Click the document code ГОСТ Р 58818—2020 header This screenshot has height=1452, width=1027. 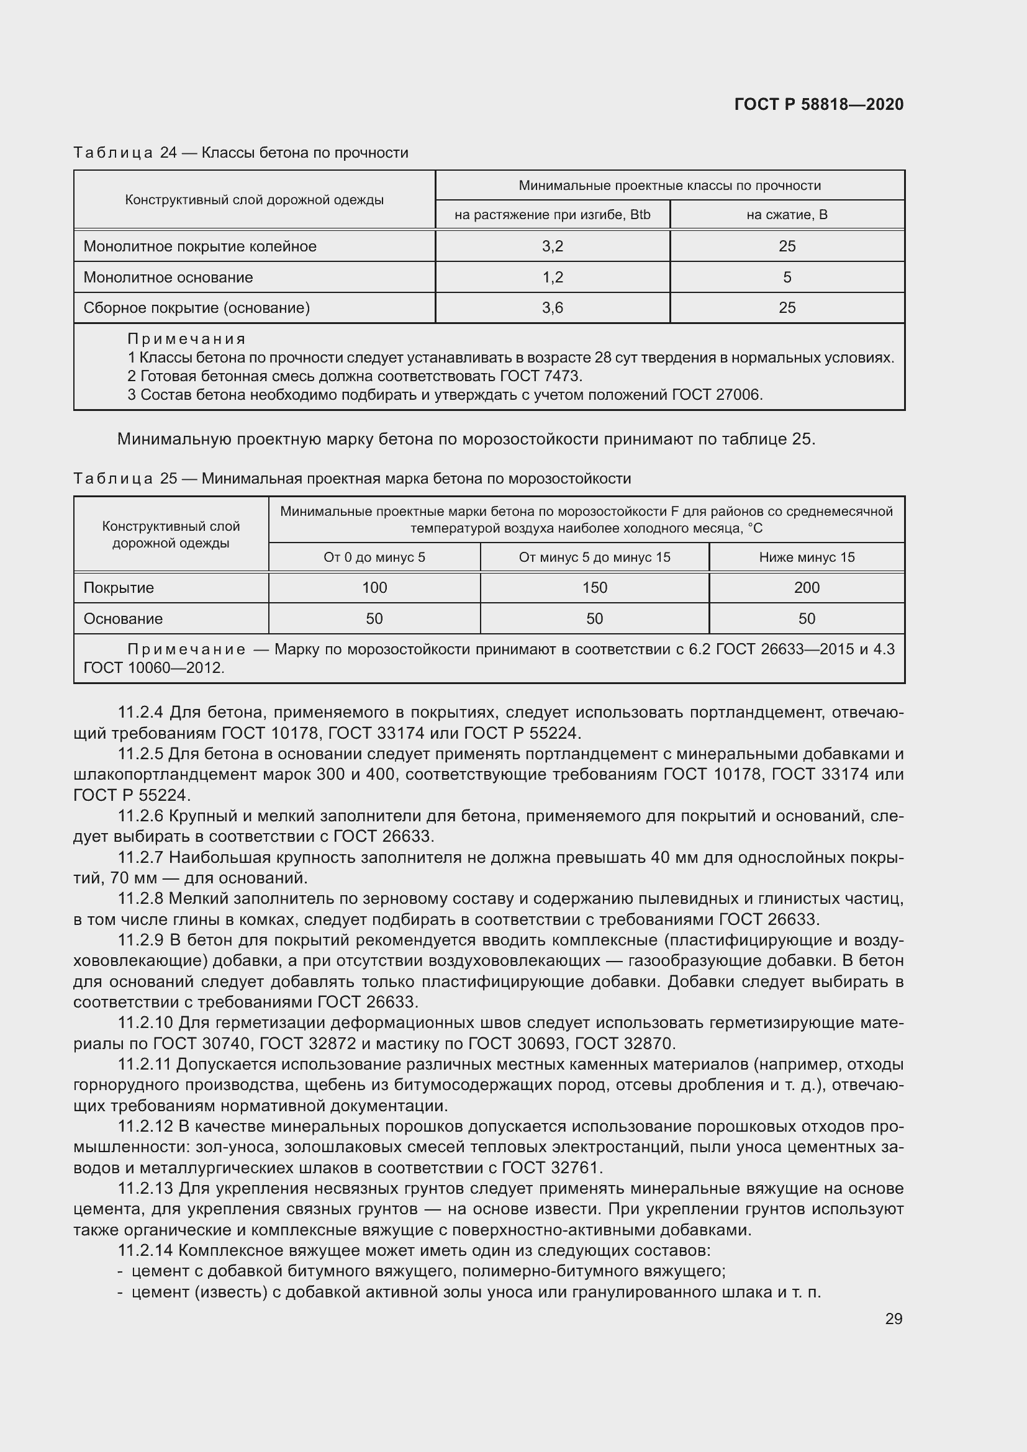tap(818, 104)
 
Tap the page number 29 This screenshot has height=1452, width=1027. tap(893, 1319)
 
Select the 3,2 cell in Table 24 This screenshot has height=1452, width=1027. tap(552, 246)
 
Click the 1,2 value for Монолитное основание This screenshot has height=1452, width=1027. tap(552, 277)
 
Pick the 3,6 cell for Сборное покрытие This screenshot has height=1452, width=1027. tap(552, 308)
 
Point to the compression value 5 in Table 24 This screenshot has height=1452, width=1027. tap(787, 277)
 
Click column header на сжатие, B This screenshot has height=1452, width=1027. tap(787, 214)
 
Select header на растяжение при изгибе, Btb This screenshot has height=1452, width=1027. tap(552, 214)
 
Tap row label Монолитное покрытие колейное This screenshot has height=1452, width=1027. tap(200, 246)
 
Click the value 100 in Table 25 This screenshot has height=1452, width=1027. tap(374, 587)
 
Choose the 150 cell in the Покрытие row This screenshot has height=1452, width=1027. tap(594, 587)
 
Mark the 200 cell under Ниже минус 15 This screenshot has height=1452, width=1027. tap(807, 587)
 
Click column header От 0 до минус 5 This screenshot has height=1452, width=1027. tap(374, 557)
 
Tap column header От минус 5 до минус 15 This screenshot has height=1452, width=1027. tap(594, 557)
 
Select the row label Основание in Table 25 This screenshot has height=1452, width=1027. tap(124, 618)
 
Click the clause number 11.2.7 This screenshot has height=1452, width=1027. tap(140, 857)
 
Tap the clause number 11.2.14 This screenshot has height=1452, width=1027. tap(144, 1250)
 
